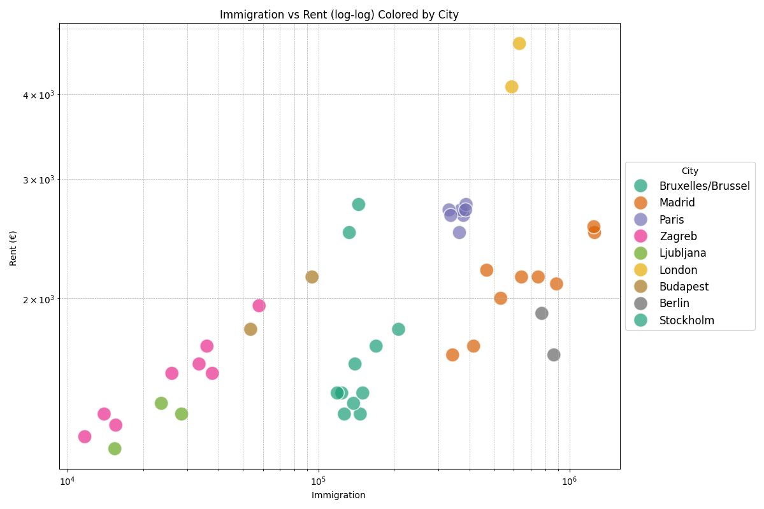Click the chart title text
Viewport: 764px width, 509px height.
click(339, 15)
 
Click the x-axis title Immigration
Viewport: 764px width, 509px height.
click(338, 495)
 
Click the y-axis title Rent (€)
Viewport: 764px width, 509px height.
click(13, 248)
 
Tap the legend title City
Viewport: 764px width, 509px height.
click(689, 171)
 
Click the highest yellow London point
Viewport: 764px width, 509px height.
click(519, 43)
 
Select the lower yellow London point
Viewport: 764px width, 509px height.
click(512, 87)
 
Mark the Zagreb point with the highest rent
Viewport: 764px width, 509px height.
click(259, 306)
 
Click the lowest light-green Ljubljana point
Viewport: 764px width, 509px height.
click(115, 448)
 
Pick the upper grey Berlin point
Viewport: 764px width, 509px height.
click(542, 313)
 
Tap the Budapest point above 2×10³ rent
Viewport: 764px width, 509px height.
click(312, 277)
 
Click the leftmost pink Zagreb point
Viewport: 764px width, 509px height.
click(85, 436)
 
